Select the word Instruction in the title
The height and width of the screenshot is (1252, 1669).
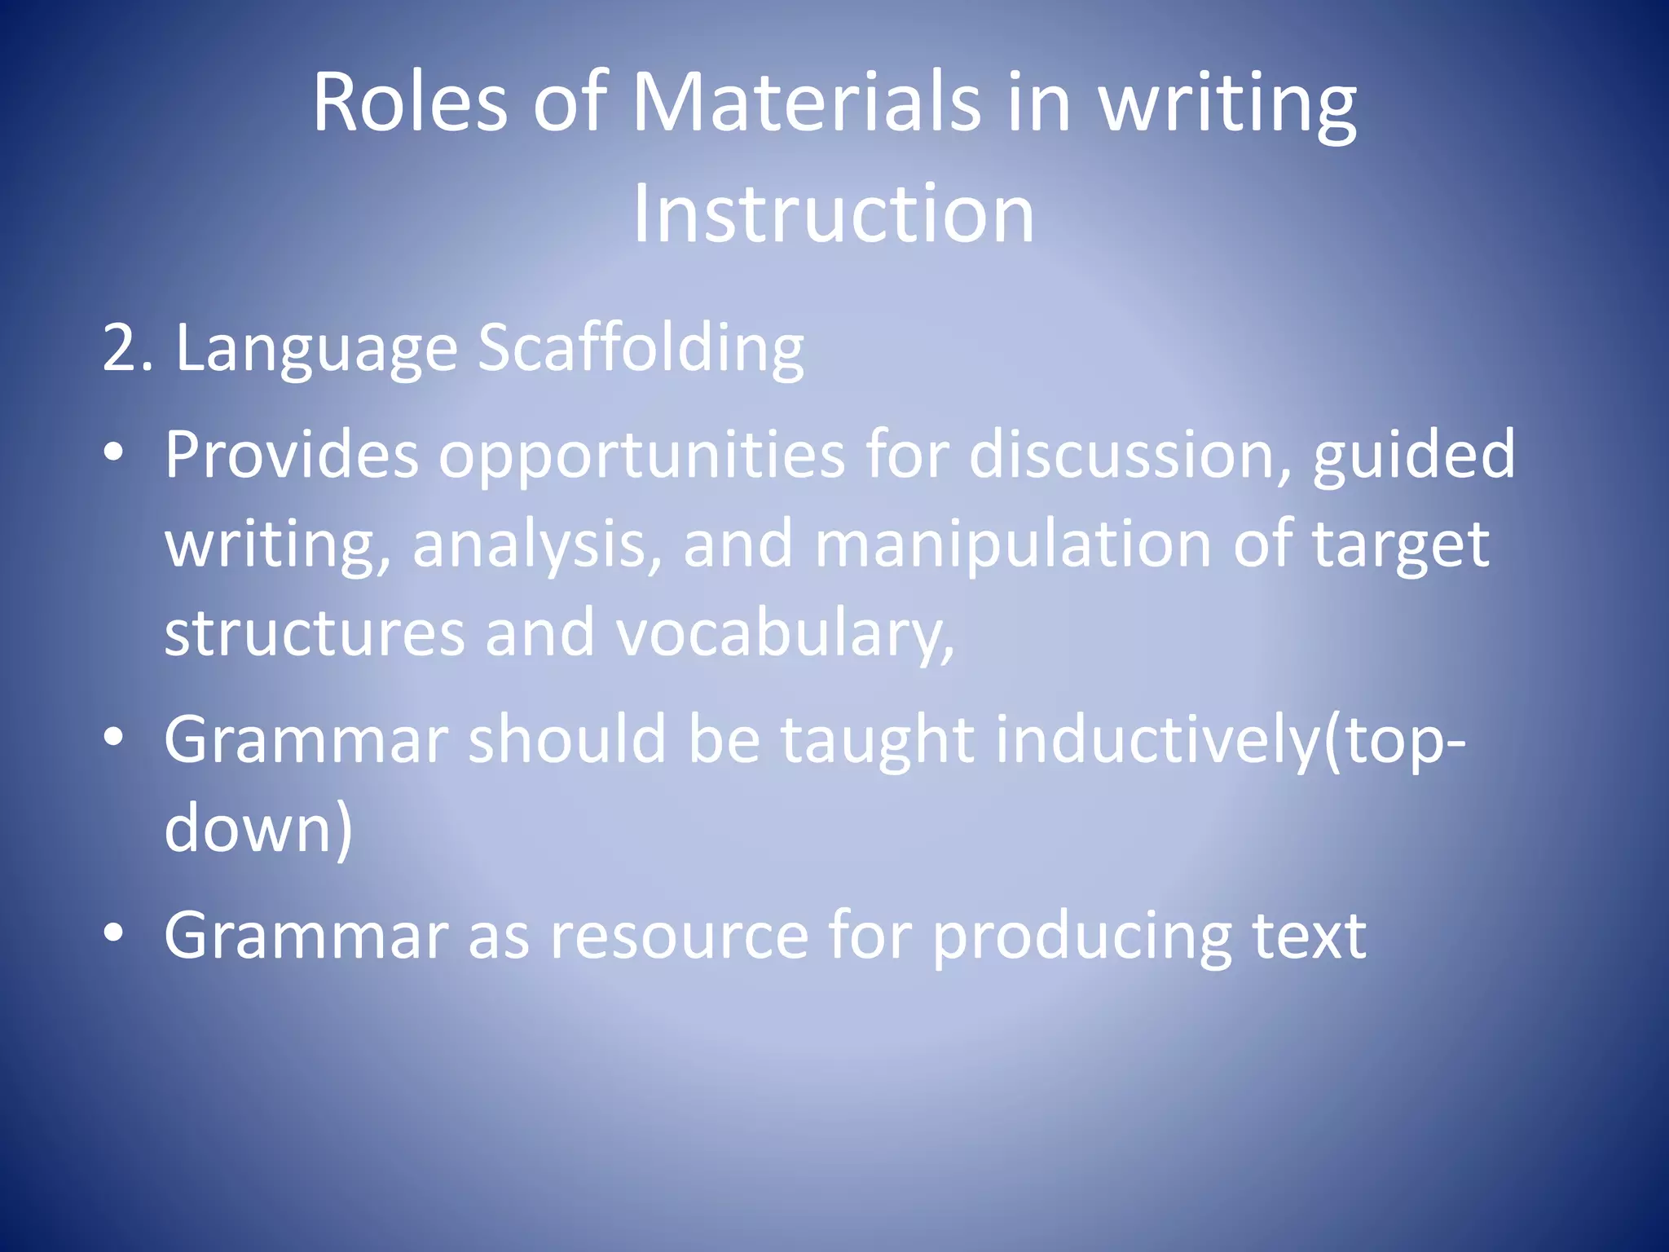coord(834,214)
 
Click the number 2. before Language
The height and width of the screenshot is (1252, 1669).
coord(127,349)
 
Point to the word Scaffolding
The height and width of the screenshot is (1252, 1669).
coord(641,349)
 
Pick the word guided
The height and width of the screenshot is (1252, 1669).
coord(1413,455)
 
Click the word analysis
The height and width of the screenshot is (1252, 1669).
coord(537,544)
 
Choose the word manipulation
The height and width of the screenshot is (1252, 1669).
coord(1013,544)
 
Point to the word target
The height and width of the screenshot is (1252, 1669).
coord(1400,544)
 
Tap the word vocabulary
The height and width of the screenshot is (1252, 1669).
coord(785,633)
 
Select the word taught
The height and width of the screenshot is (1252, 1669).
coord(877,740)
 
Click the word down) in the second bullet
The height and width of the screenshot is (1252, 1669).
coord(258,829)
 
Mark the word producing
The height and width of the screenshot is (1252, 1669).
coord(1081,936)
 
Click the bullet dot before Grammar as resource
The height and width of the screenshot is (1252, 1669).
coord(114,931)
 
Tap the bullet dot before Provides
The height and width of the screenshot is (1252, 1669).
coord(114,451)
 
